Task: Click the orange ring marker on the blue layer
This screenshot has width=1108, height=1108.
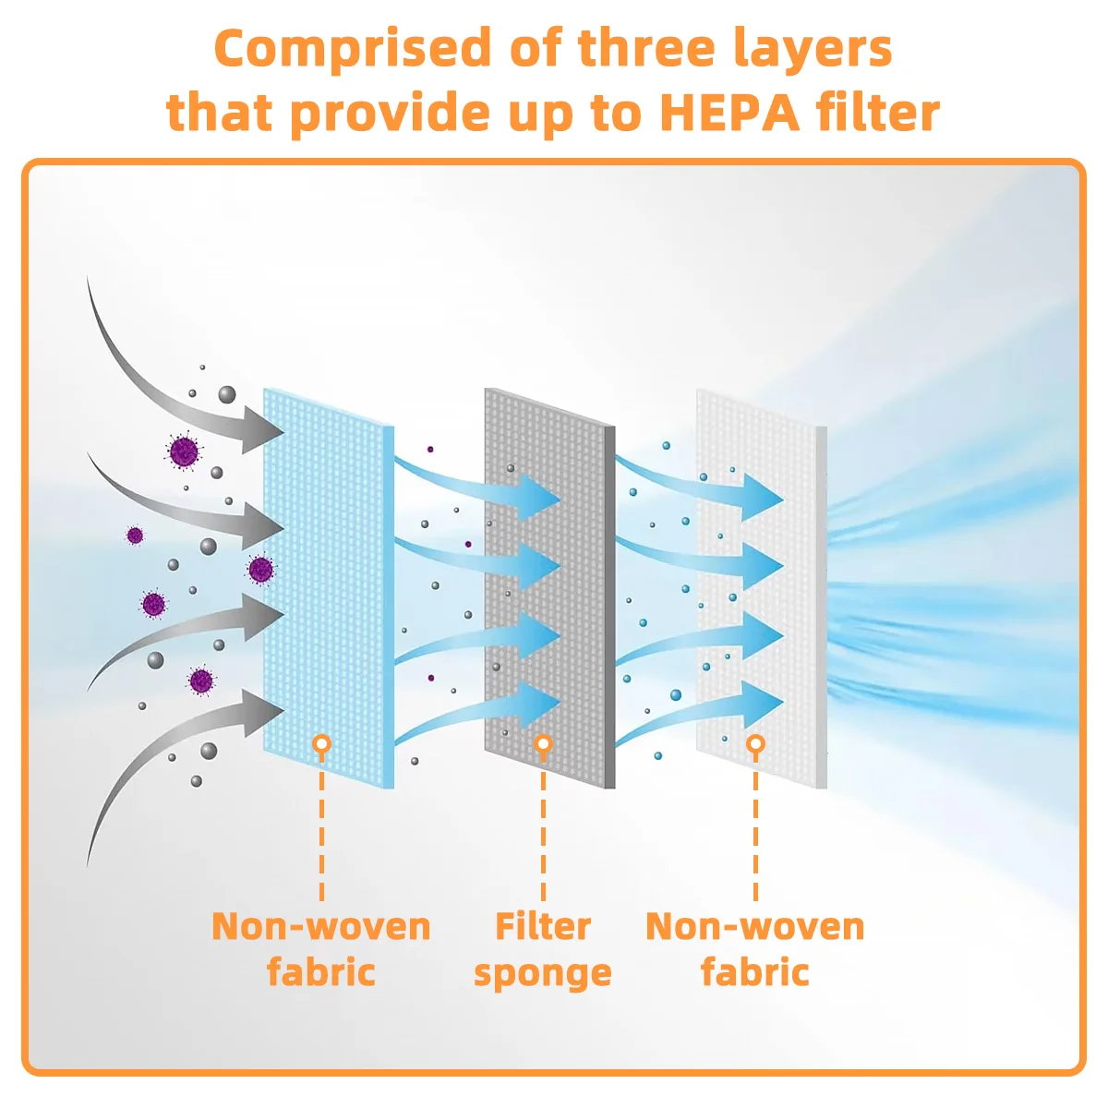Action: (321, 743)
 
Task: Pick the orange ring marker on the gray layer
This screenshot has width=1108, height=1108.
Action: (543, 743)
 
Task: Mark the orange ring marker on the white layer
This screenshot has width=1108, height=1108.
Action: (755, 743)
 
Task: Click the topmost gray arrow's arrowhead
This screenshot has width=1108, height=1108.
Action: (262, 430)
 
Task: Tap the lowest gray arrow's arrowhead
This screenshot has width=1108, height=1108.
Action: (263, 713)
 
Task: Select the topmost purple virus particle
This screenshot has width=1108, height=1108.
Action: (184, 452)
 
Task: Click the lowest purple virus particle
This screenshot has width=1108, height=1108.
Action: (201, 681)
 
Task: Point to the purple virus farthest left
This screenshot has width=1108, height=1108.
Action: (135, 536)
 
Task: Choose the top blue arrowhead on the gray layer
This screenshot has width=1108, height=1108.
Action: (539, 498)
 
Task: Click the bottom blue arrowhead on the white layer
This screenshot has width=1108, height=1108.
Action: (763, 705)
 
